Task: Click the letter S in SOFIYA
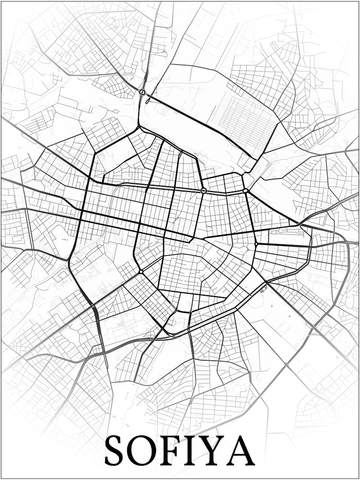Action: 115,450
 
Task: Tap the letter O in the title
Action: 143,450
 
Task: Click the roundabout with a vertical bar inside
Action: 142,92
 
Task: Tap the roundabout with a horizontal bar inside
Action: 204,191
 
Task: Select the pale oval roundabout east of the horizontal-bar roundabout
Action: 246,191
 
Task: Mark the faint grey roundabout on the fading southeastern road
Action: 286,365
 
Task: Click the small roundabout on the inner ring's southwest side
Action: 141,272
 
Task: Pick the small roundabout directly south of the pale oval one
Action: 256,244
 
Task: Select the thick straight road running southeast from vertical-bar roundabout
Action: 202,126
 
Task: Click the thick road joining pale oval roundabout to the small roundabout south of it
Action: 251,217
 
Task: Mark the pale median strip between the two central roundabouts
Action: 225,191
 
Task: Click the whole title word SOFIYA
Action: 179,450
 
